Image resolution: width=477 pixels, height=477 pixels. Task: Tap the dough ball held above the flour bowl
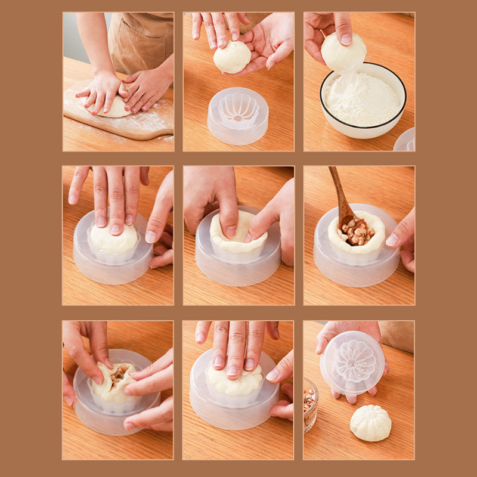343,52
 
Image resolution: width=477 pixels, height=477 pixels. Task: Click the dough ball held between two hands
233,57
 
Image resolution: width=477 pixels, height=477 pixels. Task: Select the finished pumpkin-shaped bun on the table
370,423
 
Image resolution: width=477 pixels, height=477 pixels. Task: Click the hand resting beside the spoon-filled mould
402,236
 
